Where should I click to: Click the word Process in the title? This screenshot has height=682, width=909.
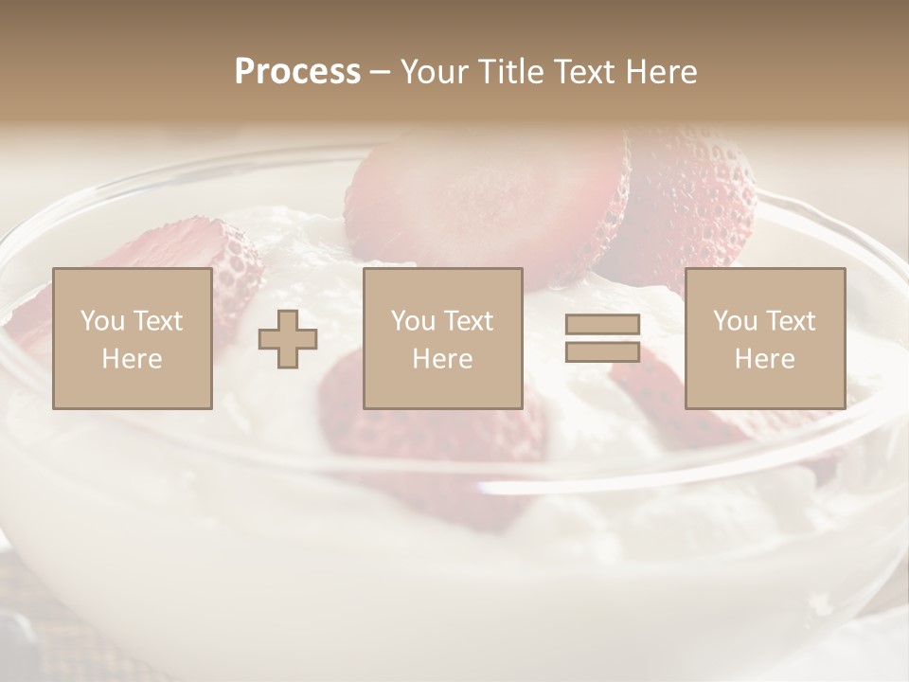coord(297,71)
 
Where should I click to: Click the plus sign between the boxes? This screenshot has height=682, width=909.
coord(288,338)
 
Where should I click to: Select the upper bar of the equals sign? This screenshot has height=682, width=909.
coord(602,324)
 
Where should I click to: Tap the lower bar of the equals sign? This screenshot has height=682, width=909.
coord(602,351)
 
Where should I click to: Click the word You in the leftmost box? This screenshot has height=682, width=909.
coord(102,321)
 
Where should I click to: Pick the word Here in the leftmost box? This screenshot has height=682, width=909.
coord(132,359)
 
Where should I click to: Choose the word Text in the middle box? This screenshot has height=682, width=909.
coord(469,321)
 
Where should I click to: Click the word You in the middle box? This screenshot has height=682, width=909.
coord(413,321)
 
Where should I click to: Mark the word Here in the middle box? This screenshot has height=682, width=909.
coord(442,359)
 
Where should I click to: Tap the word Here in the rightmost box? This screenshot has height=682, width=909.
coord(764,359)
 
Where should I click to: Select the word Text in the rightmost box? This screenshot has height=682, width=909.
coord(791,321)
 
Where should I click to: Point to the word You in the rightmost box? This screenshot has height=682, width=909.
coord(735,321)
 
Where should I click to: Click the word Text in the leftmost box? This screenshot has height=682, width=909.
coord(158,321)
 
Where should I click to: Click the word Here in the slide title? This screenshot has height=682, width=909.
coord(662,71)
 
